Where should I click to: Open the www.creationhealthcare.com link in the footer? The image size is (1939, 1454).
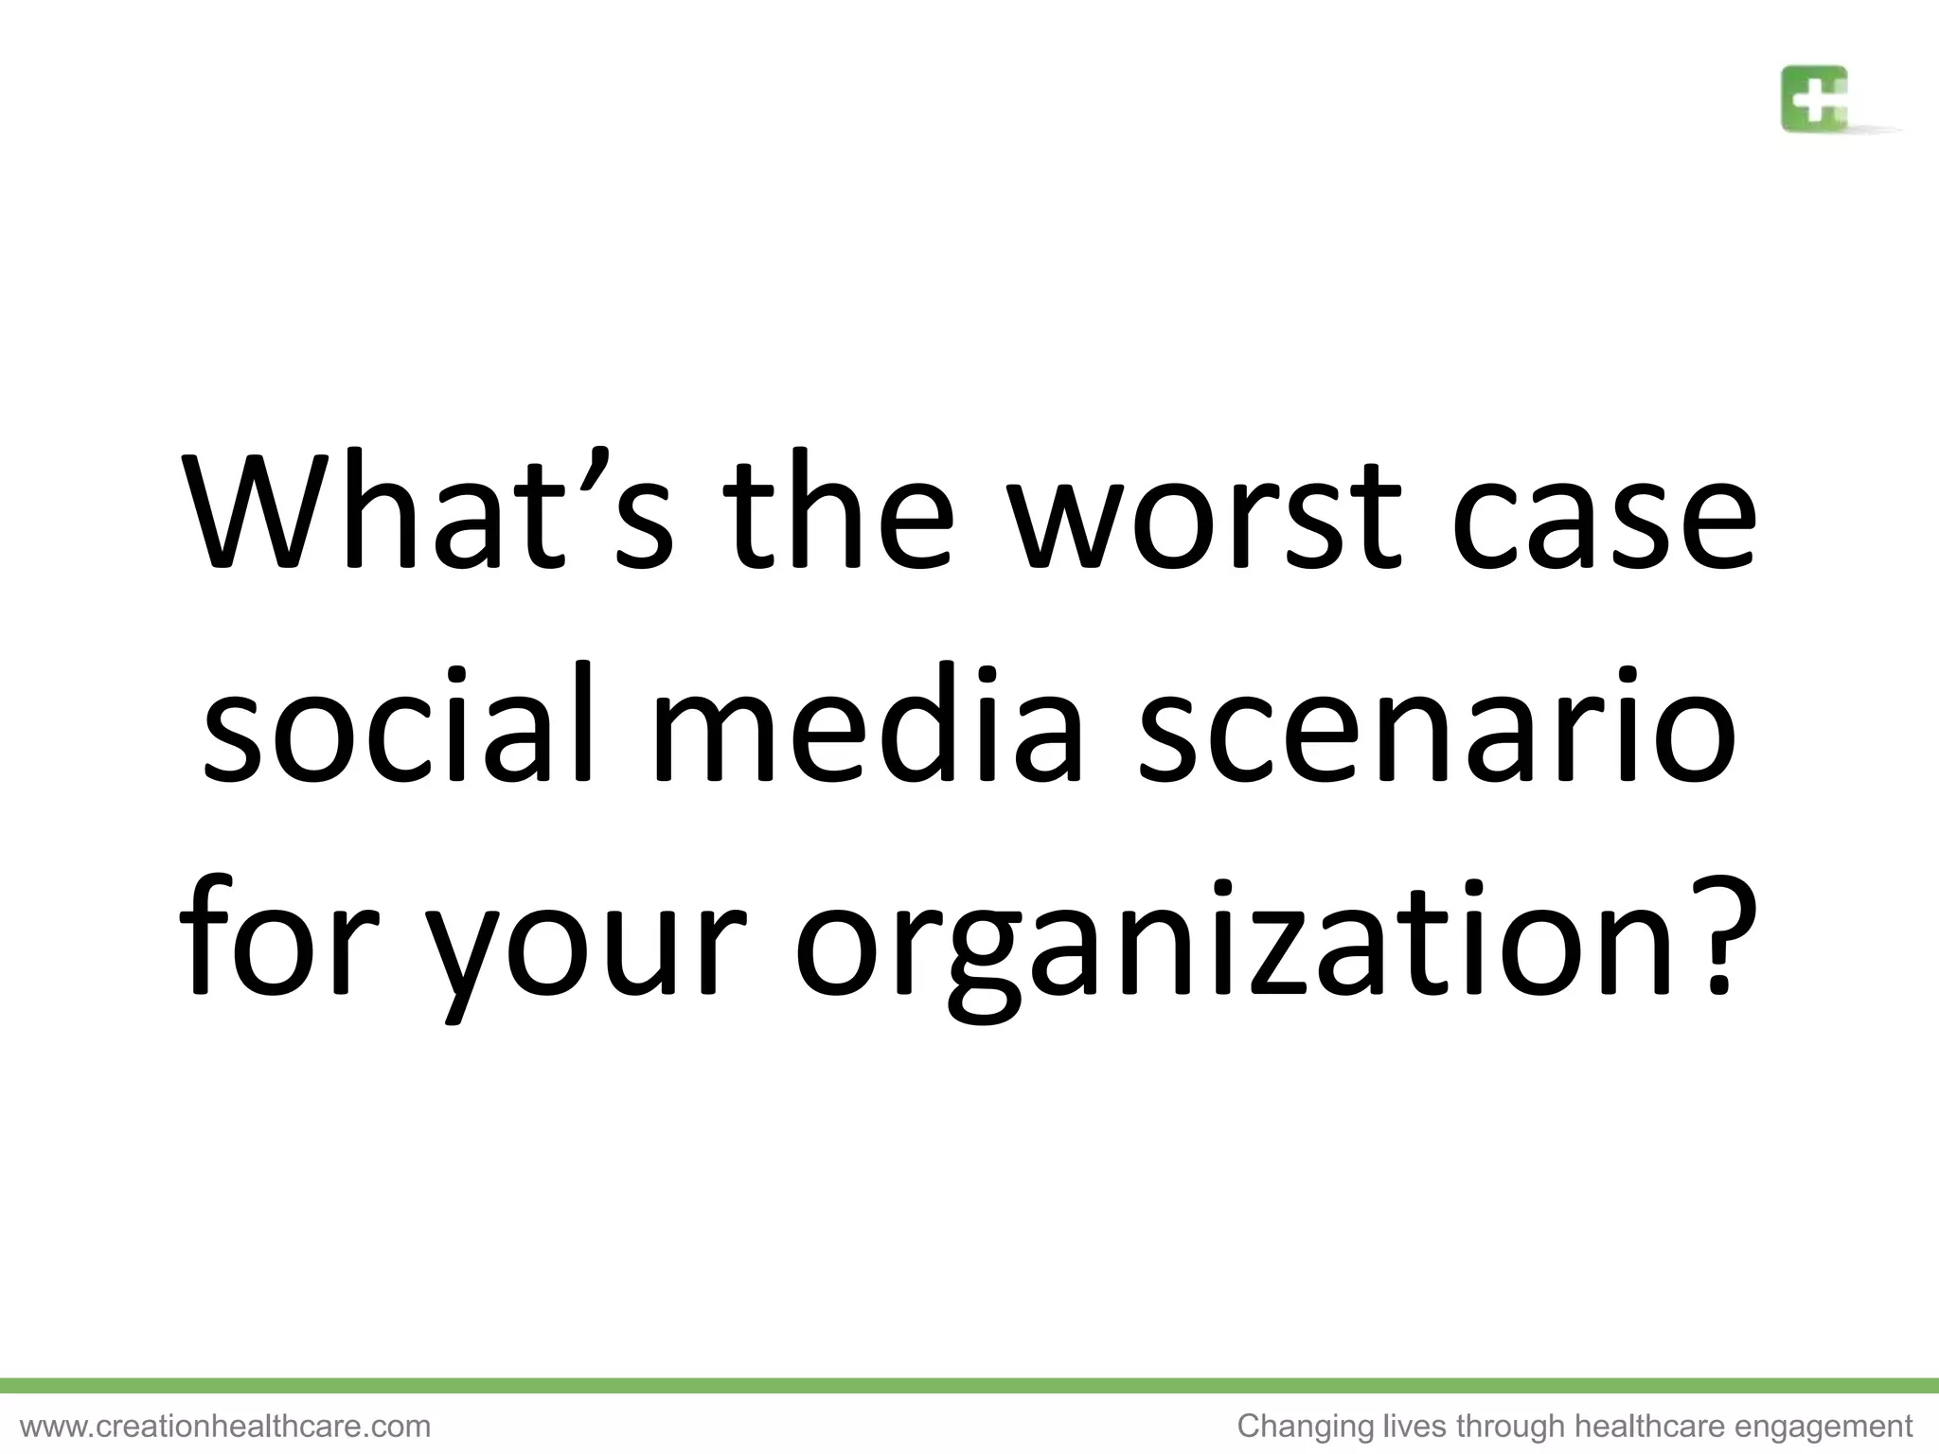click(x=225, y=1427)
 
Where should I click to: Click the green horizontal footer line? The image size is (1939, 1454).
click(x=969, y=1386)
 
